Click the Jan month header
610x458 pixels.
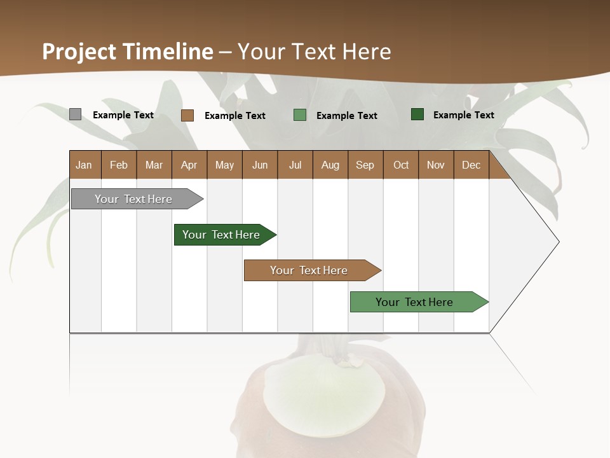click(x=85, y=165)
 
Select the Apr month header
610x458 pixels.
click(x=189, y=165)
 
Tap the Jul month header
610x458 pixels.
click(x=295, y=165)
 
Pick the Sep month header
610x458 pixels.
click(x=365, y=165)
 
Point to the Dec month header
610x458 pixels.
click(x=471, y=165)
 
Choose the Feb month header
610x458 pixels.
click(x=119, y=165)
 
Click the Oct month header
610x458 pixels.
click(x=401, y=165)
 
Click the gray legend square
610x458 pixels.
click(x=75, y=114)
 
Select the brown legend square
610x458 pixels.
click(x=187, y=115)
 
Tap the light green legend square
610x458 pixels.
click(x=300, y=115)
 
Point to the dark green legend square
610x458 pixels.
click(x=417, y=114)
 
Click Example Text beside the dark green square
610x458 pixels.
click(x=463, y=115)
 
